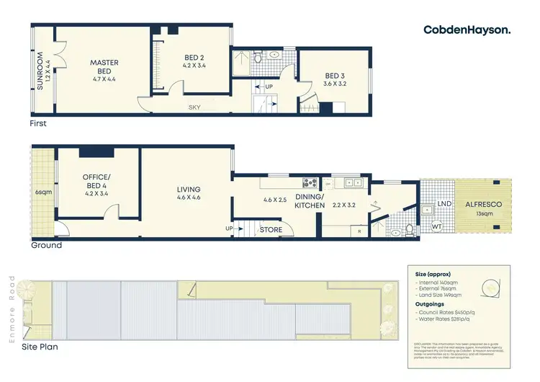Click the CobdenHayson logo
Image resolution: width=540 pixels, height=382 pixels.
coord(467,30)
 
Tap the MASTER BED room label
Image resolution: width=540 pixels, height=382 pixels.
coord(104,67)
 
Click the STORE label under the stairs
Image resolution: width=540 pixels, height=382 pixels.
coord(271,231)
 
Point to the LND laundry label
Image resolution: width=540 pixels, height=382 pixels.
coord(445,204)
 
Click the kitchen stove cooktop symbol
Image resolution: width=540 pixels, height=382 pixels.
coord(310,183)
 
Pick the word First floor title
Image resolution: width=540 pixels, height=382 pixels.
coord(38,124)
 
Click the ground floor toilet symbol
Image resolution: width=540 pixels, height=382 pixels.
coord(408,230)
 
